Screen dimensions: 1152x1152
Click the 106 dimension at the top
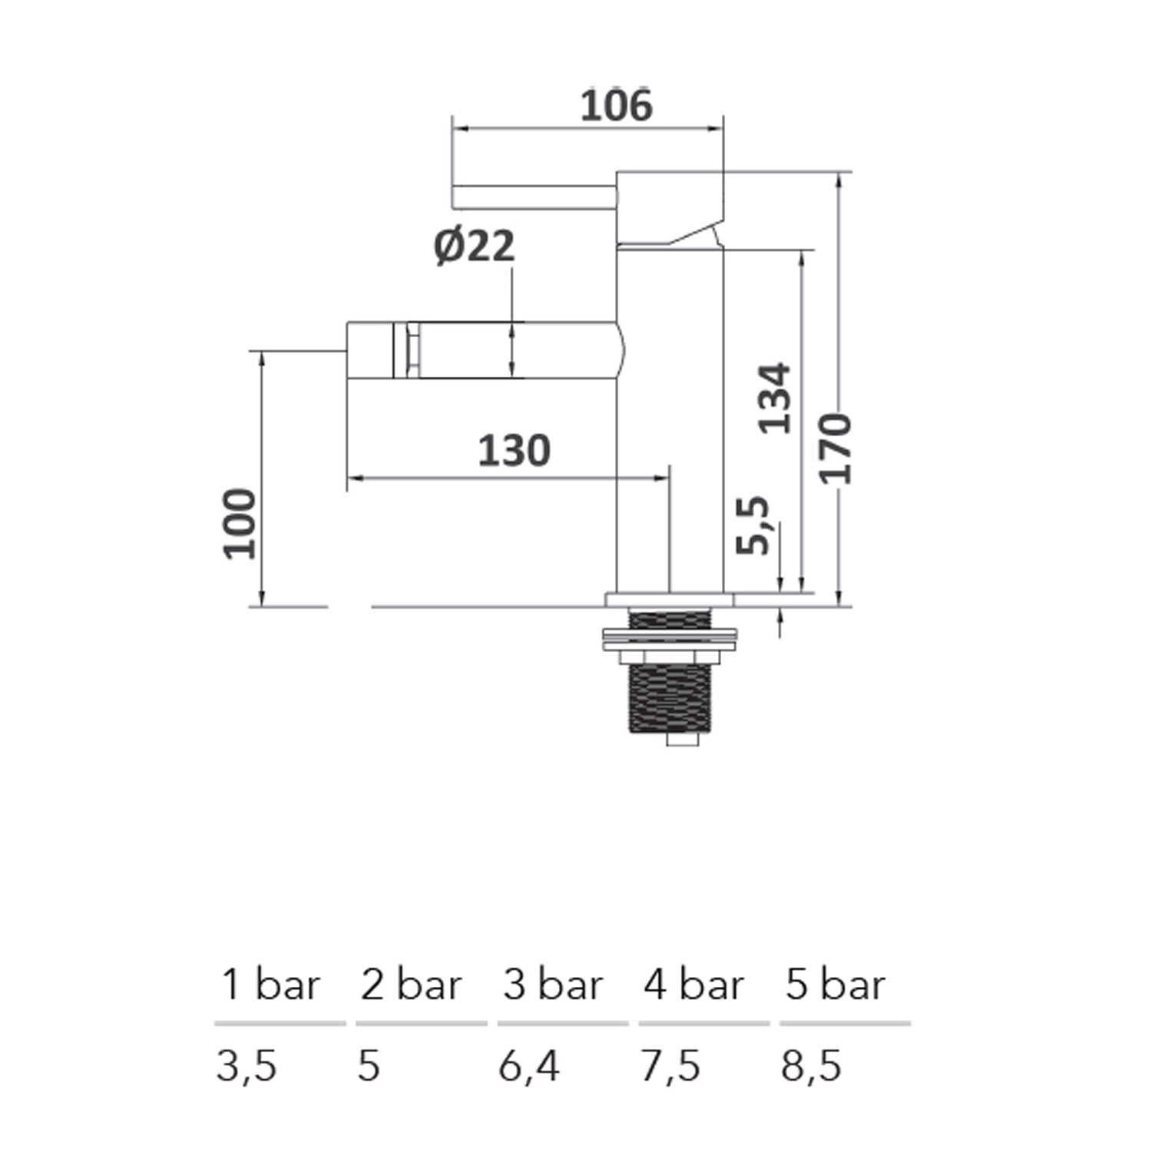click(x=615, y=106)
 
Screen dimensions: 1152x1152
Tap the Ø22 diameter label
click(x=474, y=247)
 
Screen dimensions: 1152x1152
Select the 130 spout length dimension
click(x=514, y=451)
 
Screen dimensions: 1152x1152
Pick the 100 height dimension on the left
click(x=240, y=523)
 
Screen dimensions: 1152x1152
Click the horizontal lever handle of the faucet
click(x=534, y=196)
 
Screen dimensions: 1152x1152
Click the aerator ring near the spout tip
click(x=407, y=350)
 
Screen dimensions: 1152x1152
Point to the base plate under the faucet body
click(x=669, y=599)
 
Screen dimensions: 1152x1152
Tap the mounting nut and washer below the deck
click(x=669, y=645)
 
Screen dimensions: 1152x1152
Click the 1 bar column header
click(x=270, y=985)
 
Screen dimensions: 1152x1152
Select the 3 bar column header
click(x=552, y=985)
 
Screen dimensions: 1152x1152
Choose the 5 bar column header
click(x=835, y=985)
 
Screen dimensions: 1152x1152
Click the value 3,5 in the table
click(x=247, y=1066)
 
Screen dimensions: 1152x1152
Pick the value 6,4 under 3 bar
click(x=529, y=1066)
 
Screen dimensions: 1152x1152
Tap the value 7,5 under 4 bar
click(x=670, y=1066)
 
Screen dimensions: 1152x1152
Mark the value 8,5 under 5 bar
click(x=812, y=1066)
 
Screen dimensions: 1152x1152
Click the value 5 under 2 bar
click(x=369, y=1066)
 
